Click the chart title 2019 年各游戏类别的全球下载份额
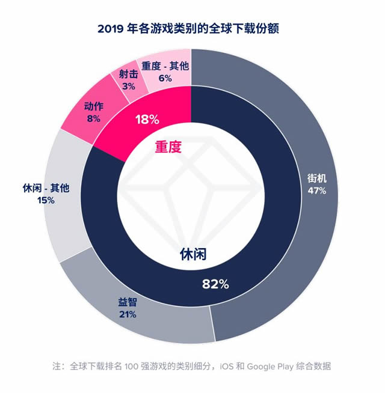[192, 28]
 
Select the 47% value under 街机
[316, 191]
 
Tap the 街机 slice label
[316, 179]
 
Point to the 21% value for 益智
[128, 314]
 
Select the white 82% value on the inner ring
[215, 284]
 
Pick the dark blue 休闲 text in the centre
[194, 254]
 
